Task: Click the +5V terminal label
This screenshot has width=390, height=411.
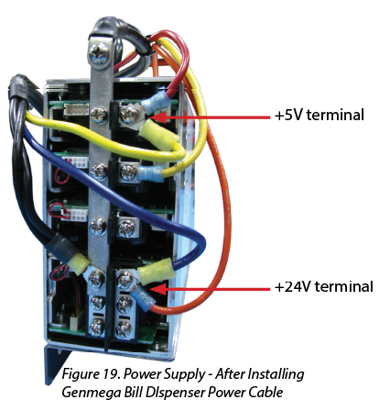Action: pyautogui.click(x=319, y=116)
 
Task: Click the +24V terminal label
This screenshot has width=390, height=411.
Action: pyautogui.click(x=323, y=287)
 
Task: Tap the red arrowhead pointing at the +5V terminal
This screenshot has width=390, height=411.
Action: pyautogui.click(x=158, y=117)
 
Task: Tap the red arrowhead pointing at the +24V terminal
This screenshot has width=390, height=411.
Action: pyautogui.click(x=158, y=288)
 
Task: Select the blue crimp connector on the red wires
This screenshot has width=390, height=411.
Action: pyautogui.click(x=157, y=102)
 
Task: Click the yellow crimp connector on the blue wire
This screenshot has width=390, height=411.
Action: pyautogui.click(x=157, y=269)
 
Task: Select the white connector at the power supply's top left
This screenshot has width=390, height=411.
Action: pyautogui.click(x=76, y=109)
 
